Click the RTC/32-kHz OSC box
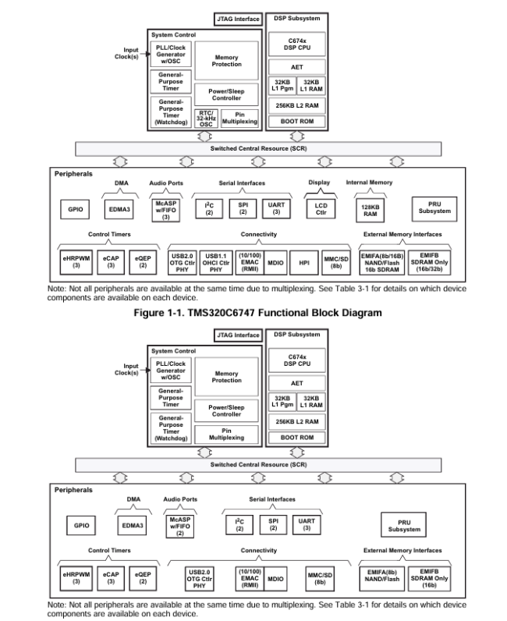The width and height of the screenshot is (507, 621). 207,119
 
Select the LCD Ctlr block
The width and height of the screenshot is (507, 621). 320,209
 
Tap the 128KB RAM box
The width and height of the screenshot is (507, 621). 367,209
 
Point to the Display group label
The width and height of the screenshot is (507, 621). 319,183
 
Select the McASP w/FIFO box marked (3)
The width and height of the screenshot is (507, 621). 165,210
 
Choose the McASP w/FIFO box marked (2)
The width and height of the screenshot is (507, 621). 179,524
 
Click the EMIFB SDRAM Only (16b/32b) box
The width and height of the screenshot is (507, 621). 434,262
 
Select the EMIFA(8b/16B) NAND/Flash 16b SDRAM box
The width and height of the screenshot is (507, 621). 384,262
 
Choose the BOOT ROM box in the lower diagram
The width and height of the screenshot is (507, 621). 296,438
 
